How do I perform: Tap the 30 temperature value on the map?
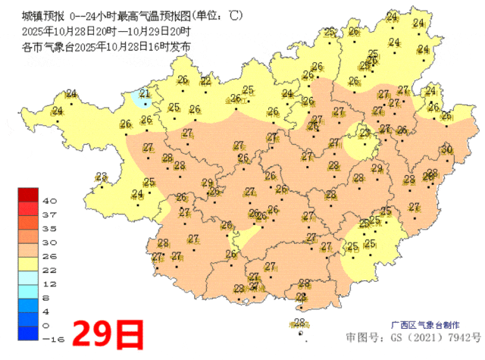pyautogui.click(x=446, y=149)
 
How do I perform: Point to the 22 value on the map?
pyautogui.click(x=205, y=81)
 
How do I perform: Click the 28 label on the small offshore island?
pyautogui.click(x=299, y=323)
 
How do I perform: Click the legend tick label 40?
pyautogui.click(x=50, y=201)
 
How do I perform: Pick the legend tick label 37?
pyautogui.click(x=50, y=214)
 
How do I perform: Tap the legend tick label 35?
pyautogui.click(x=50, y=228)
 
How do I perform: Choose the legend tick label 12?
pyautogui.click(x=50, y=283)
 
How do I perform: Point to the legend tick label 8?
pyautogui.click(x=48, y=297)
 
